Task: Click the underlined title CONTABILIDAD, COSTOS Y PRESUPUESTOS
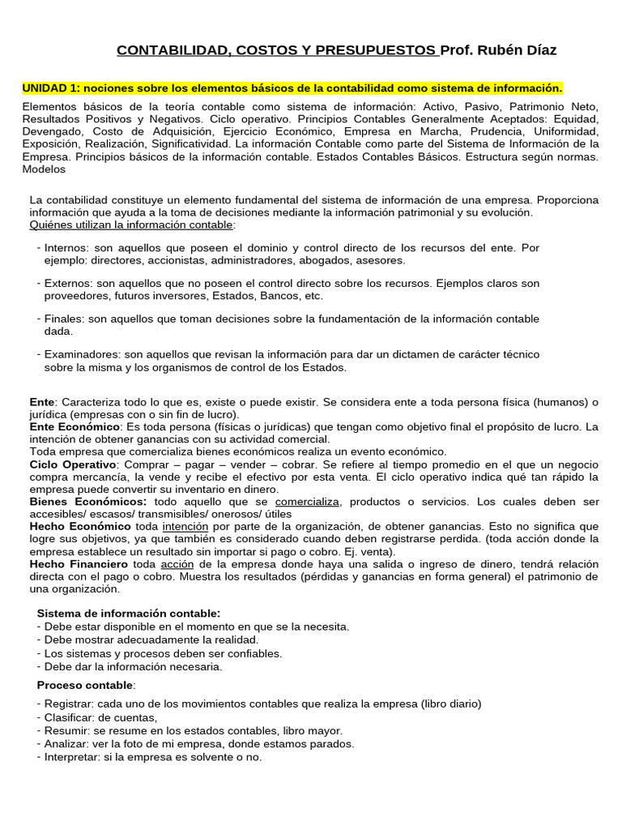[x=276, y=50]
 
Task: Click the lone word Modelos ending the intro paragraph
[x=44, y=170]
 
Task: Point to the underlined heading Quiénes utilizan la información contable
[x=131, y=225]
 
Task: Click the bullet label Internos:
[x=68, y=248]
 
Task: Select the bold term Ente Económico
[x=75, y=426]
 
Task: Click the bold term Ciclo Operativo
[x=73, y=464]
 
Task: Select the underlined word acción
[x=177, y=563]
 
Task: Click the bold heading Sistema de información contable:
[x=129, y=613]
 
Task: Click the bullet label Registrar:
[x=69, y=704]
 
